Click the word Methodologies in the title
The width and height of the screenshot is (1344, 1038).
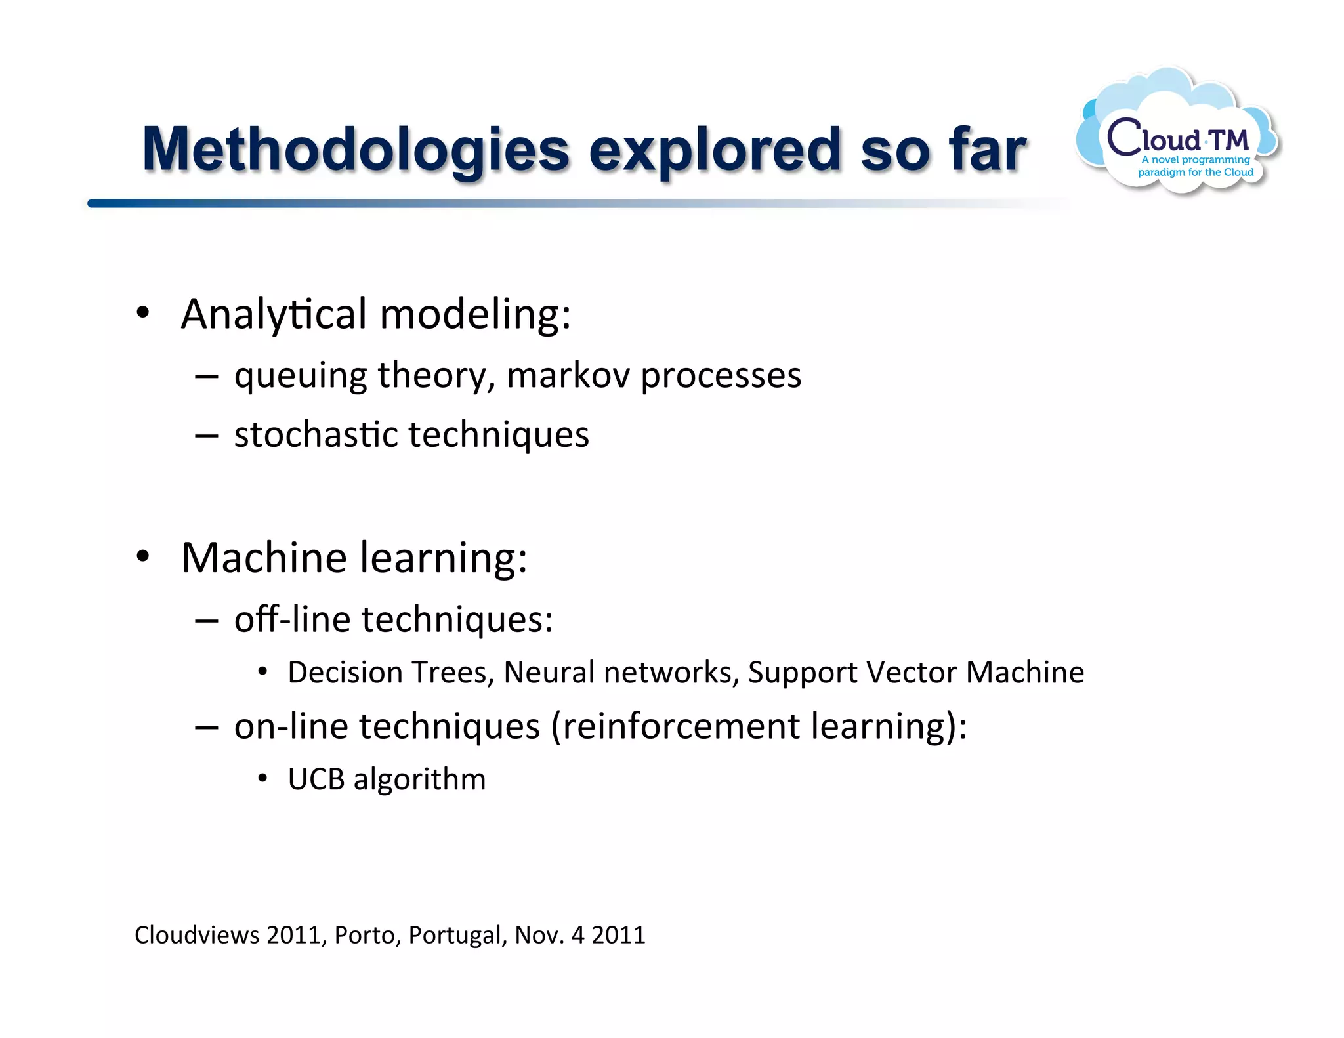coord(355,150)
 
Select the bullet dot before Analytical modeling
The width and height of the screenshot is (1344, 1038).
coord(143,313)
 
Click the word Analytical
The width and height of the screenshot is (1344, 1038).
coord(274,314)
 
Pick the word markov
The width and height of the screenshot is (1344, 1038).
coord(568,375)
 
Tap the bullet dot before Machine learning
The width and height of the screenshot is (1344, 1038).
coord(143,557)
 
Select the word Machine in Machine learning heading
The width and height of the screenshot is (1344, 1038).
coord(264,558)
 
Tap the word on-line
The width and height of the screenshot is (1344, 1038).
coord(291,726)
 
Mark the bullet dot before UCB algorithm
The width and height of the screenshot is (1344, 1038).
coord(262,779)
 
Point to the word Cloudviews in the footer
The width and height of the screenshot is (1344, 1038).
coord(197,935)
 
